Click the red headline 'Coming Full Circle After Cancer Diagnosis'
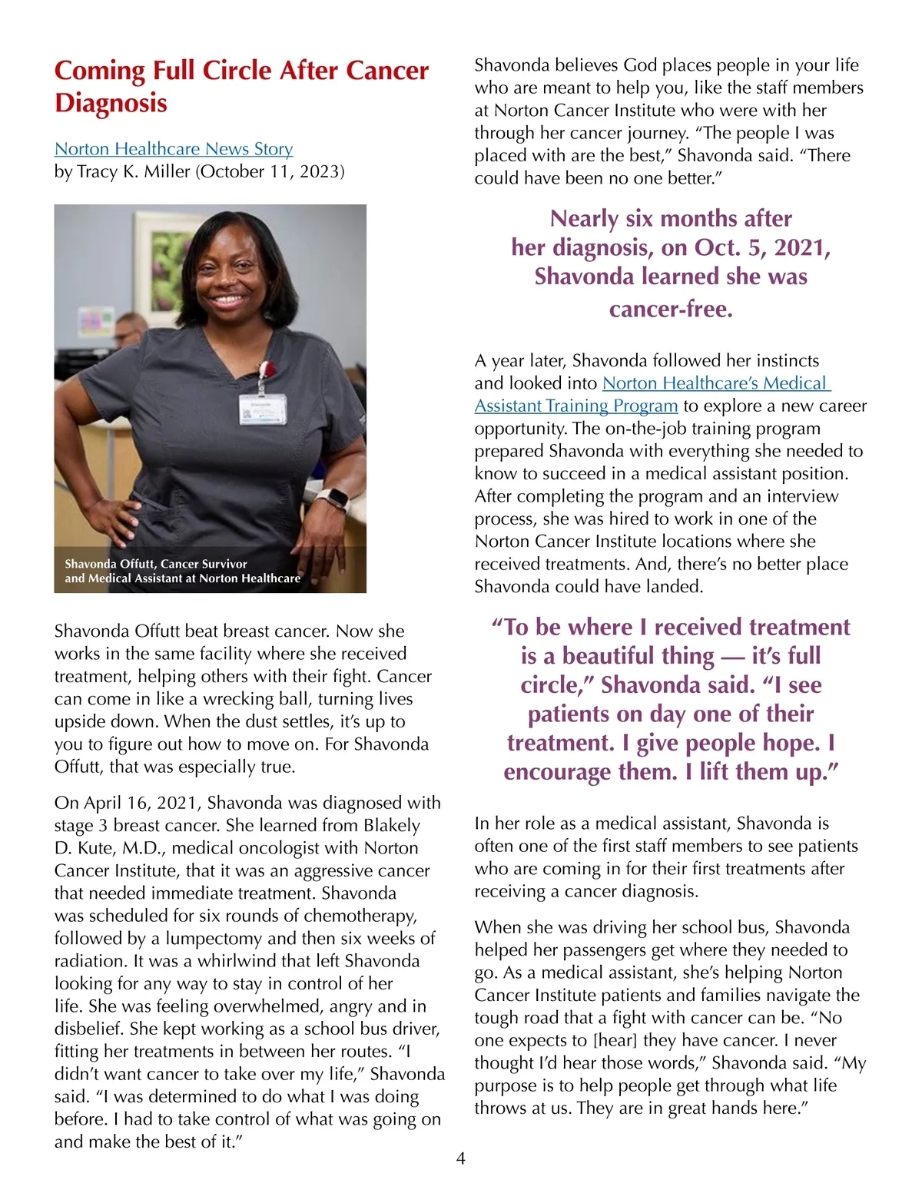click(x=241, y=86)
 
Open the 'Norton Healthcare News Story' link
click(x=174, y=149)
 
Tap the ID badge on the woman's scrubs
click(x=260, y=409)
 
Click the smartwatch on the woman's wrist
click(x=332, y=499)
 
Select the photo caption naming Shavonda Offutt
click(x=182, y=571)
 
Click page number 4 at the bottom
click(x=461, y=1158)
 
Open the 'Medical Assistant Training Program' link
click(x=575, y=406)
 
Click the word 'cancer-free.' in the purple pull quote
click(x=671, y=309)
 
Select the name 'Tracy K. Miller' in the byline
click(x=133, y=171)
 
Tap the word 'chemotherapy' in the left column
click(x=360, y=916)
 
